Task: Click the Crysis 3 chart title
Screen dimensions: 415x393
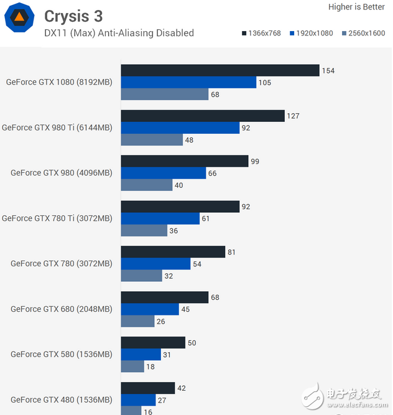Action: click(73, 16)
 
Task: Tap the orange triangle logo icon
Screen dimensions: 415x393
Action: click(19, 18)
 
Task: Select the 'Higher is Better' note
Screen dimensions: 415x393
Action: click(356, 7)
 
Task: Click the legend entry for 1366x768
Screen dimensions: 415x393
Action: click(260, 33)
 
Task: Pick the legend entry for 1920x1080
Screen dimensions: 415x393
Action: click(311, 33)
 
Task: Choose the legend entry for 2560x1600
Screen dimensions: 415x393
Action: click(362, 33)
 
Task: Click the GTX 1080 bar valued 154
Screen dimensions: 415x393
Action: click(220, 70)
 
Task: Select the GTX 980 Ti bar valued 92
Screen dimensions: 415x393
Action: click(180, 128)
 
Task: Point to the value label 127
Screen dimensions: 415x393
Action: click(294, 116)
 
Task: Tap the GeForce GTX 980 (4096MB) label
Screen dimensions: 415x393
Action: click(62, 173)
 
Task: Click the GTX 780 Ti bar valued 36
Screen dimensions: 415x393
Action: click(144, 230)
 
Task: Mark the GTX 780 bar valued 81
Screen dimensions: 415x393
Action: click(173, 251)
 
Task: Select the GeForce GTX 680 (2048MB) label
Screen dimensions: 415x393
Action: click(62, 309)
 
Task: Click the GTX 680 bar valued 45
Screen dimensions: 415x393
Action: click(149, 309)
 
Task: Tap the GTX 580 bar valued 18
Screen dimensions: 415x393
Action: click(132, 366)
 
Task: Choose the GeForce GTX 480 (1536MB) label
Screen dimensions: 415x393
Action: click(62, 399)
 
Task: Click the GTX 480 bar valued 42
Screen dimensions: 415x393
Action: click(147, 388)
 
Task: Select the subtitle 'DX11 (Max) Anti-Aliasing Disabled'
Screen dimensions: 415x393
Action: click(119, 33)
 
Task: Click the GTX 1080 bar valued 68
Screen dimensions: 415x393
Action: click(164, 94)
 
